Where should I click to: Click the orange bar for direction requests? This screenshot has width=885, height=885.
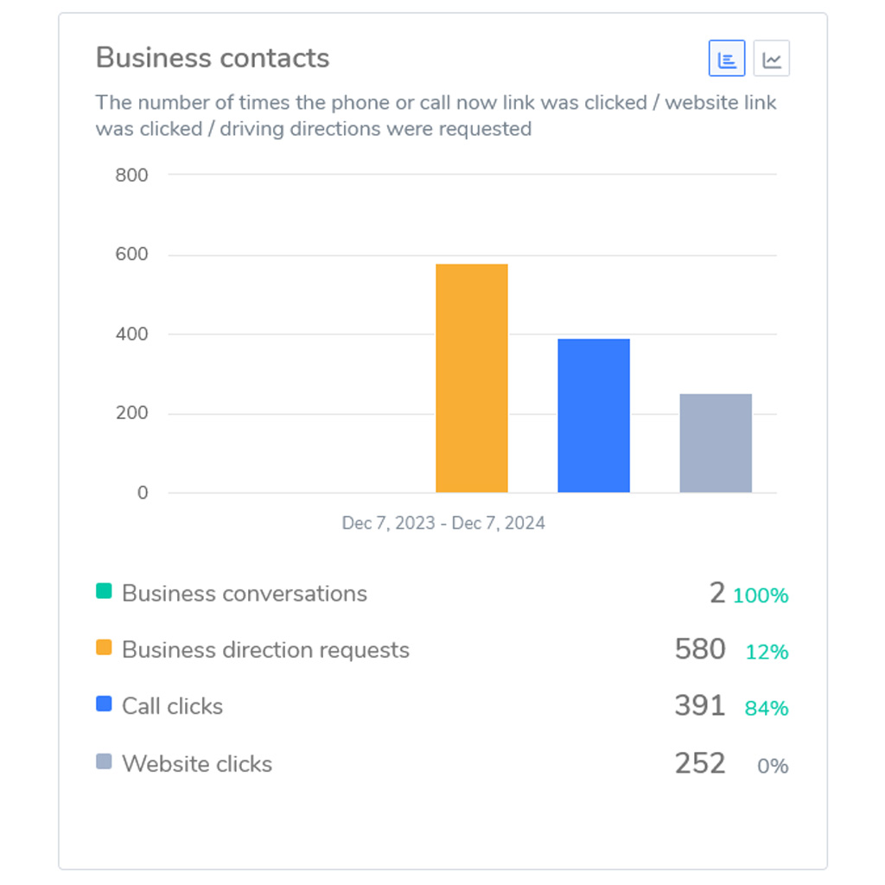[471, 379]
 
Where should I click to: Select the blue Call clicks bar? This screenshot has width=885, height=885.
[594, 416]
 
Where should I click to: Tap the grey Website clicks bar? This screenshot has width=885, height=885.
[716, 443]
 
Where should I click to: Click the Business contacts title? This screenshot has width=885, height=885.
[213, 58]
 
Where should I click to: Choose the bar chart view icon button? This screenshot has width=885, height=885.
[727, 59]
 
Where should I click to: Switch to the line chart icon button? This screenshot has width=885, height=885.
[772, 59]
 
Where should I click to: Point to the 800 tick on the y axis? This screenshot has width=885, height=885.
[131, 175]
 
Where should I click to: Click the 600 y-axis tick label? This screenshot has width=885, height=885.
[131, 255]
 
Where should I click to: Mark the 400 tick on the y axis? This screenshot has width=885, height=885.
[131, 334]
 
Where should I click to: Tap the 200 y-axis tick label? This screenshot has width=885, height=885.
[131, 414]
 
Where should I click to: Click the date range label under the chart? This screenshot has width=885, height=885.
[443, 523]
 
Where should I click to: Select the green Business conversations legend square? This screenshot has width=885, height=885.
[104, 592]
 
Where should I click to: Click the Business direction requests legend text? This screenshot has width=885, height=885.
[265, 650]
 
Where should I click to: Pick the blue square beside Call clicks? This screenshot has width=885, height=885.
[104, 704]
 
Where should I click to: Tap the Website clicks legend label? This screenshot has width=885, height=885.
[197, 764]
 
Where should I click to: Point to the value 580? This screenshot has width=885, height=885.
[700, 649]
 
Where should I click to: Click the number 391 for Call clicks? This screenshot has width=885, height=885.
[700, 706]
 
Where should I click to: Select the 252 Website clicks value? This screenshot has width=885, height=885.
[700, 763]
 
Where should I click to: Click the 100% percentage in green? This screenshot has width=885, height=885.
[761, 595]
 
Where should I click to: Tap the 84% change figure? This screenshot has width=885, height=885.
[767, 709]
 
